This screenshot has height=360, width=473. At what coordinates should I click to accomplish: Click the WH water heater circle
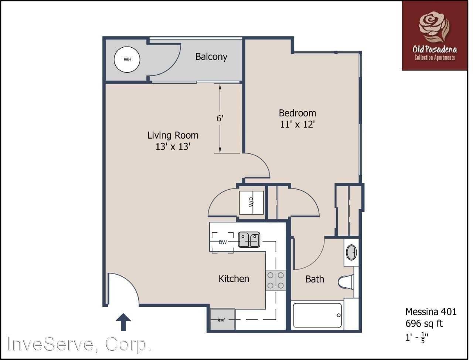tap(127, 60)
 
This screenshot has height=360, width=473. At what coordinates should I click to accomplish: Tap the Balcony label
tap(211, 57)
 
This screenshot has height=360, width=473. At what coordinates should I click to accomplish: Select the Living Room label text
tap(173, 135)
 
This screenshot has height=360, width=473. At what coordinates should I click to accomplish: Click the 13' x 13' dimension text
tap(173, 147)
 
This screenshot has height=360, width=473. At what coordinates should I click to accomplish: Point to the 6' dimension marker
tap(220, 119)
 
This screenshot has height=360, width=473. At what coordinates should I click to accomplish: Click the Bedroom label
tap(297, 113)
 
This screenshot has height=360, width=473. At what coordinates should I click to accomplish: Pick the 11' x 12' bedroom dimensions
tap(297, 124)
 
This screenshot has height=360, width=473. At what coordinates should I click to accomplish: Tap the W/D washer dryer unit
tap(251, 202)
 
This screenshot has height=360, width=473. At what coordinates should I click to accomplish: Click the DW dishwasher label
tap(222, 242)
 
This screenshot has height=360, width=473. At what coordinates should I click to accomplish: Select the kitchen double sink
tap(249, 240)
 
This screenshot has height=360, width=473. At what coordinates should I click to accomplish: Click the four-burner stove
tap(276, 280)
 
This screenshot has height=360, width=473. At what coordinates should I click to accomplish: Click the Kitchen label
tap(234, 278)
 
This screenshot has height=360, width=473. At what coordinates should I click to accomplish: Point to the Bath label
tap(314, 279)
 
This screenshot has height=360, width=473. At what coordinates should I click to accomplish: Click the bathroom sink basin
tap(351, 252)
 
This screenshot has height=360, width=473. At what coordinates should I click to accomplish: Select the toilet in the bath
tap(346, 282)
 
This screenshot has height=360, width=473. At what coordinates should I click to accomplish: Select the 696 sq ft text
tap(424, 324)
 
